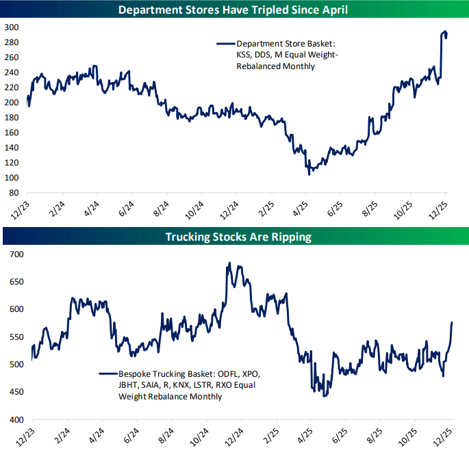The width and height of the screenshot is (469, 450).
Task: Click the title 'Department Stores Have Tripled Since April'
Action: pyautogui.click(x=234, y=10)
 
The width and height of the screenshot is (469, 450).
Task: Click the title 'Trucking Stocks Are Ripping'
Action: pyautogui.click(x=234, y=237)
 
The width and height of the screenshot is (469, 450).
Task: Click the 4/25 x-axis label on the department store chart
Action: pyautogui.click(x=301, y=208)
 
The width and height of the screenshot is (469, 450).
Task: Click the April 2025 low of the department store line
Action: pyautogui.click(x=309, y=174)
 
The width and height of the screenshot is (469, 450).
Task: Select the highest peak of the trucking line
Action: pyautogui.click(x=229, y=263)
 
